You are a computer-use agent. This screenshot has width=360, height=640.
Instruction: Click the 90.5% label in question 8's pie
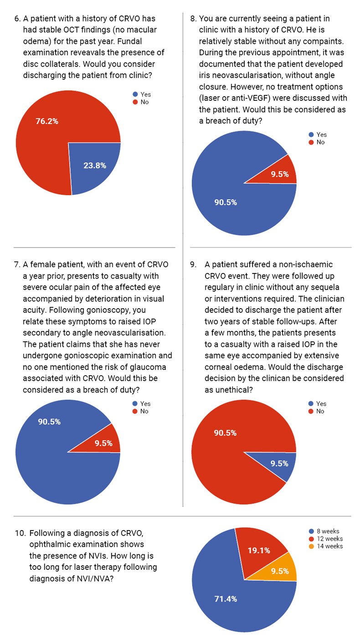point(225,202)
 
